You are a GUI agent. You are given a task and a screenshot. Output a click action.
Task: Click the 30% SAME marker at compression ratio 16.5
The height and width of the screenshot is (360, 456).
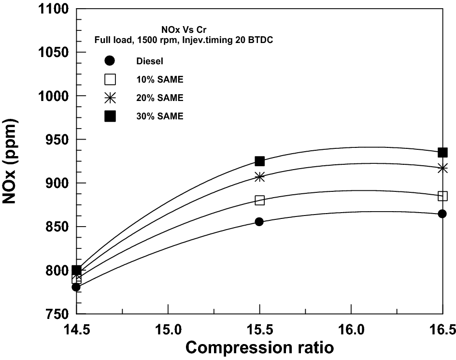442,153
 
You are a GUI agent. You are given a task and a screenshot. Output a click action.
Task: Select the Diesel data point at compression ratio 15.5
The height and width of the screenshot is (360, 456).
259,222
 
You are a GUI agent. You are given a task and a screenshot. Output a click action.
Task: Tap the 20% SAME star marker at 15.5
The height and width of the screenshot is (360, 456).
260,177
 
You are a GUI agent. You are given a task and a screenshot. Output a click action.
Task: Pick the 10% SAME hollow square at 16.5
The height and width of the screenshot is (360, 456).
442,196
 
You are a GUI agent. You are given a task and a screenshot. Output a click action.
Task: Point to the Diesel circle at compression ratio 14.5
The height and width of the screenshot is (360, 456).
76,287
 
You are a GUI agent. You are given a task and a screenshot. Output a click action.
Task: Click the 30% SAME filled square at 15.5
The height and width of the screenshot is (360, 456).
260,161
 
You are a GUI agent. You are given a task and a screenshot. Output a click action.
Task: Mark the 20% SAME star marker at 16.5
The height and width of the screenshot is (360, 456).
442,168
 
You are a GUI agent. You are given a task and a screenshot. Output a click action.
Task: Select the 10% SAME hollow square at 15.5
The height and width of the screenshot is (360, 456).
260,200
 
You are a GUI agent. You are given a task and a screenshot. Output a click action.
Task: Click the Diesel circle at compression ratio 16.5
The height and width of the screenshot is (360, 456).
442,214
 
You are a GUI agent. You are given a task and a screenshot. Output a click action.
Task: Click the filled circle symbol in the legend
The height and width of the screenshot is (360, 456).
110,61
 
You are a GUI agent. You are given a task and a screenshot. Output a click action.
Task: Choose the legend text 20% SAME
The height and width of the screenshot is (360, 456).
159,98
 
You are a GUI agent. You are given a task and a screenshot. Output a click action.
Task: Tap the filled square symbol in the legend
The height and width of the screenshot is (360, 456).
110,116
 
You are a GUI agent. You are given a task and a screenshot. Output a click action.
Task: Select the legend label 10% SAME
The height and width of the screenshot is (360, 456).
159,79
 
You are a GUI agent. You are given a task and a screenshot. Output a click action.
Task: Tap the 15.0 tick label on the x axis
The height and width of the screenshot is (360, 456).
168,331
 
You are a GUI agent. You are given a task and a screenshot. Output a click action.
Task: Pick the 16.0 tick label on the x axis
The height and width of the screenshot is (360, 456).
351,331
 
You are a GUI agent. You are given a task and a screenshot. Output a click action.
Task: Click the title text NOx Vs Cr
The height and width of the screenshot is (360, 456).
184,29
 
